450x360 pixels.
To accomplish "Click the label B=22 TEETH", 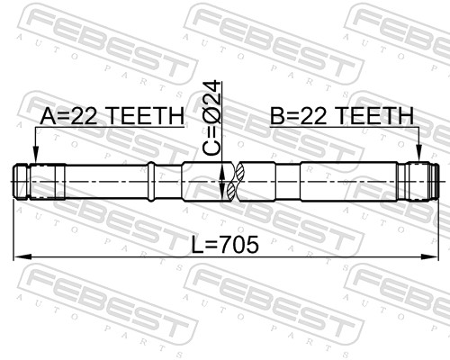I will click(x=341, y=116).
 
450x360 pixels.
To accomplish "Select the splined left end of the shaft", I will click(x=32, y=181).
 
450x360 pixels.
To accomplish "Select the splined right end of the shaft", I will click(x=421, y=181).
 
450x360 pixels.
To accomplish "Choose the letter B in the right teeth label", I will click(x=277, y=116).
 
